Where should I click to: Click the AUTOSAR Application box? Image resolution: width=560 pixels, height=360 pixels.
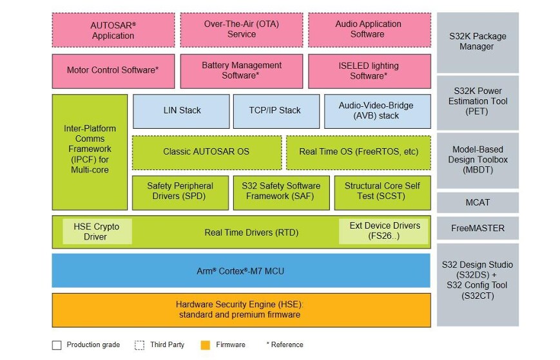(x=113, y=30)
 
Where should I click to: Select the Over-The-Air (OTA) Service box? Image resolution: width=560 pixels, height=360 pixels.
(x=241, y=30)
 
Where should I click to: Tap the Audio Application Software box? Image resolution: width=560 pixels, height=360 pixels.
(x=369, y=30)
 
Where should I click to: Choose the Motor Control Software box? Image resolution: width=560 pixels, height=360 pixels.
(x=113, y=70)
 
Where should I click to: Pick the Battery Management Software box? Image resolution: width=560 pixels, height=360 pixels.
(x=241, y=70)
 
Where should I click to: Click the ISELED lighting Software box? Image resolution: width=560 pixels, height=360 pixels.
(x=369, y=70)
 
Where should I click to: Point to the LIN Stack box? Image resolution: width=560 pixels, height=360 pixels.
(x=181, y=111)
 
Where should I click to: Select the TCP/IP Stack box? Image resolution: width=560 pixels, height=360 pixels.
(x=275, y=111)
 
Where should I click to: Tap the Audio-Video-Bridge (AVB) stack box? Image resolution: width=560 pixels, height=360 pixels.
(x=376, y=111)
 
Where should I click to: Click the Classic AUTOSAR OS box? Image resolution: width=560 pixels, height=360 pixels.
(x=206, y=152)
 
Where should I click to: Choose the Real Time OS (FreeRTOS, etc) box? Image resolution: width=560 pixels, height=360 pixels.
(x=358, y=152)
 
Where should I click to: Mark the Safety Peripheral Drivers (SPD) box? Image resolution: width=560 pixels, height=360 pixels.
(x=180, y=191)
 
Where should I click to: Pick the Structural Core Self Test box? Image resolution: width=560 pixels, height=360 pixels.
(x=382, y=191)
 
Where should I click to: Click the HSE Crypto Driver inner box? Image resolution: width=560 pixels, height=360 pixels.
(x=97, y=231)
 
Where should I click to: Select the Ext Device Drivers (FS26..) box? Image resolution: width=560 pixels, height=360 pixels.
(x=384, y=231)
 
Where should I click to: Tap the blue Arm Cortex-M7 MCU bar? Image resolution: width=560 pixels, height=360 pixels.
(x=241, y=270)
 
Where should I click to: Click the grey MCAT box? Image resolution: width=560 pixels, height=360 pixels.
(x=478, y=202)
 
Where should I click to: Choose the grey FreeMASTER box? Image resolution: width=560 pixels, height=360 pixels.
(x=478, y=228)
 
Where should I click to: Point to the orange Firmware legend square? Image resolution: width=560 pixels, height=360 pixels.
(x=205, y=345)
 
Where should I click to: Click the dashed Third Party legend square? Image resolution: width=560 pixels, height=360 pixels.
(x=140, y=345)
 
